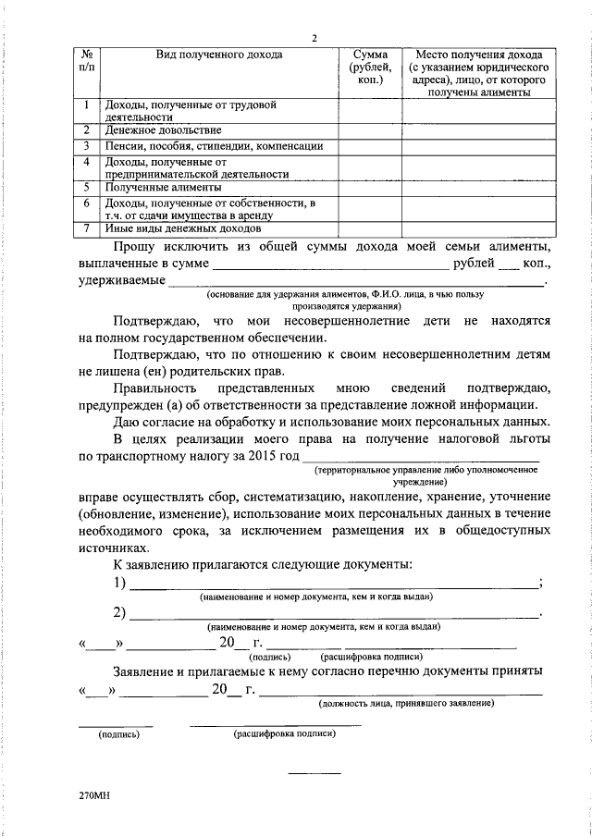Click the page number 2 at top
pos(314,38)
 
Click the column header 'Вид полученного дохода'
pos(219,55)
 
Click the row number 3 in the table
pos(85,146)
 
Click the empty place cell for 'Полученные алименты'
pos(477,187)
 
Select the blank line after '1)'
pos(334,583)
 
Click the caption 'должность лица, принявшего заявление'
pos(404,704)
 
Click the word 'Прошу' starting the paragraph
pos(134,247)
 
